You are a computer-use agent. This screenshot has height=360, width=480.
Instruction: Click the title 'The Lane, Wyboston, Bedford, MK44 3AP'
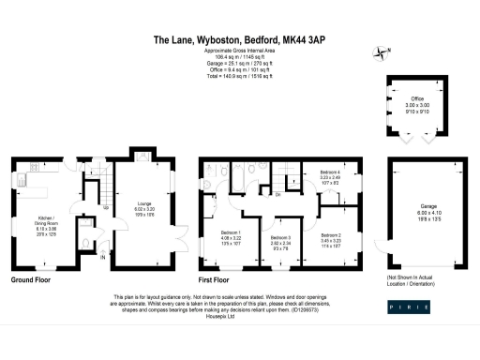[239, 40]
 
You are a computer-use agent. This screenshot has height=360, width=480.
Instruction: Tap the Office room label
[418, 98]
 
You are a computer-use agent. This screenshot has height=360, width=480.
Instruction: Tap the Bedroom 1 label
[231, 232]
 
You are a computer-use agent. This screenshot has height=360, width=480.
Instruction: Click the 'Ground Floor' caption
[30, 280]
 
